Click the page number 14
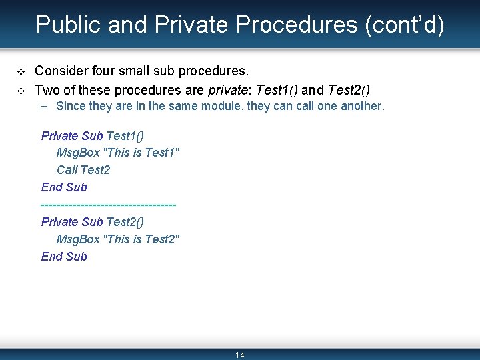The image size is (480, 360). pos(240,355)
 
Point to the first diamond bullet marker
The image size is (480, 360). pos(21,71)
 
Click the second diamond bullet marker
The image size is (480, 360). pos(21,90)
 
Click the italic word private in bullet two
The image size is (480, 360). pos(226,89)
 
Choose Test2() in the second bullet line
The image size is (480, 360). pos(349,89)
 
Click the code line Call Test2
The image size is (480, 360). pos(83,170)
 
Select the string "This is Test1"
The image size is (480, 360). pos(141,153)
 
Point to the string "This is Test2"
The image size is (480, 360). pos(141,239)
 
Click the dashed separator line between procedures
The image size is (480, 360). pos(109,205)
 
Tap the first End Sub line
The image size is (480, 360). pos(64,187)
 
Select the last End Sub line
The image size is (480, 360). pos(64,257)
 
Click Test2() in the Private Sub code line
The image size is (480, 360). pos(125,222)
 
